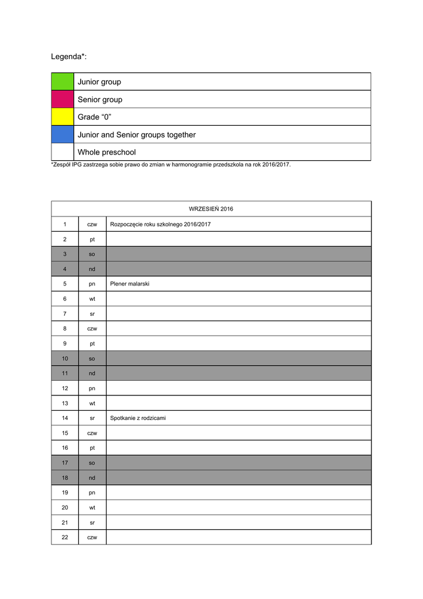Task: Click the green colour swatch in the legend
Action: pyautogui.click(x=63, y=82)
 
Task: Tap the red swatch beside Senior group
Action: pyautogui.click(x=63, y=99)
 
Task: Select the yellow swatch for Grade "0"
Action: pyautogui.click(x=63, y=117)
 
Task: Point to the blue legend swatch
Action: pyautogui.click(x=63, y=135)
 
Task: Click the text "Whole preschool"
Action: pyautogui.click(x=106, y=152)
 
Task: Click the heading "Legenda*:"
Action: pyautogui.click(x=69, y=56)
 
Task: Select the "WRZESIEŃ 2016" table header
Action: pyautogui.click(x=211, y=209)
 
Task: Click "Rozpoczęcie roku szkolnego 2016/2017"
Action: pyautogui.click(x=160, y=224)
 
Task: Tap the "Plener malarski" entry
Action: pyautogui.click(x=129, y=284)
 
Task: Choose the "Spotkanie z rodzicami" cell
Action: pyautogui.click(x=138, y=418)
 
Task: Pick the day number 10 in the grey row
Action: pyautogui.click(x=65, y=359)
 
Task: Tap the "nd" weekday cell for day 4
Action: pyautogui.click(x=92, y=269)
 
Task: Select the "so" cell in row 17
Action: pyautogui.click(x=92, y=463)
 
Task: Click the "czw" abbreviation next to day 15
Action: pyautogui.click(x=92, y=433)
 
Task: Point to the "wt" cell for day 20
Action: pyautogui.click(x=92, y=508)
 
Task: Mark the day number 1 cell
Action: pyautogui.click(x=65, y=224)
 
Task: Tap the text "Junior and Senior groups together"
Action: pyautogui.click(x=136, y=135)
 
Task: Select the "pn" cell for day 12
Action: pyautogui.click(x=92, y=388)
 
